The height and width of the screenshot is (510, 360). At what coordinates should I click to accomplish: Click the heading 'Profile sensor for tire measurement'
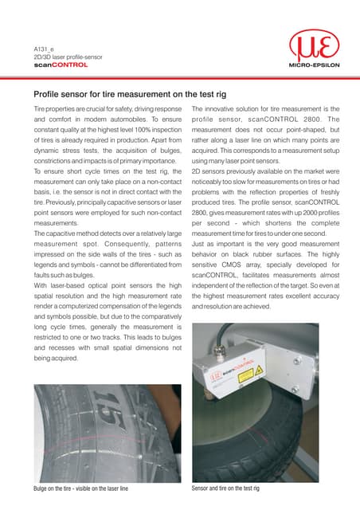click(125, 94)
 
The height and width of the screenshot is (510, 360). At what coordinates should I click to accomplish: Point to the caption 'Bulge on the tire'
click(78, 487)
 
